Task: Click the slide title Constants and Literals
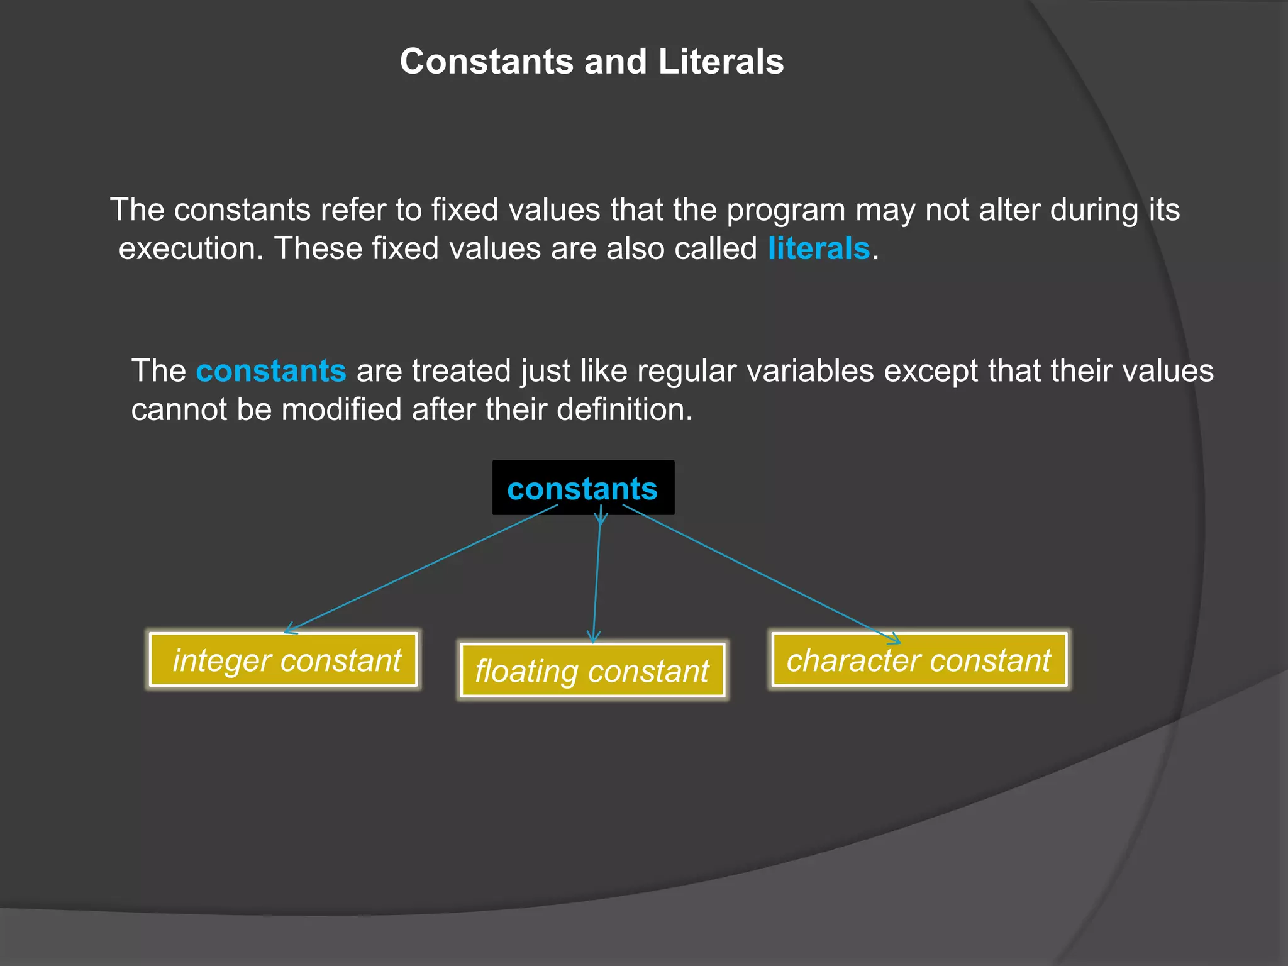pyautogui.click(x=592, y=62)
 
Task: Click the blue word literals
pyautogui.click(x=818, y=248)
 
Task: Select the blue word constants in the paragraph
pyautogui.click(x=270, y=370)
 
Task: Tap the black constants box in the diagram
pyautogui.click(x=582, y=488)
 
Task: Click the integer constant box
pyautogui.click(x=284, y=660)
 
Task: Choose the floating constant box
pyautogui.click(x=592, y=670)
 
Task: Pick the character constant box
pyautogui.click(x=919, y=660)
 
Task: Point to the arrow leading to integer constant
pyautogui.click(x=421, y=569)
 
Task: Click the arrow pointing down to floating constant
pyautogui.click(x=597, y=579)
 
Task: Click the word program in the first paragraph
pyautogui.click(x=786, y=209)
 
